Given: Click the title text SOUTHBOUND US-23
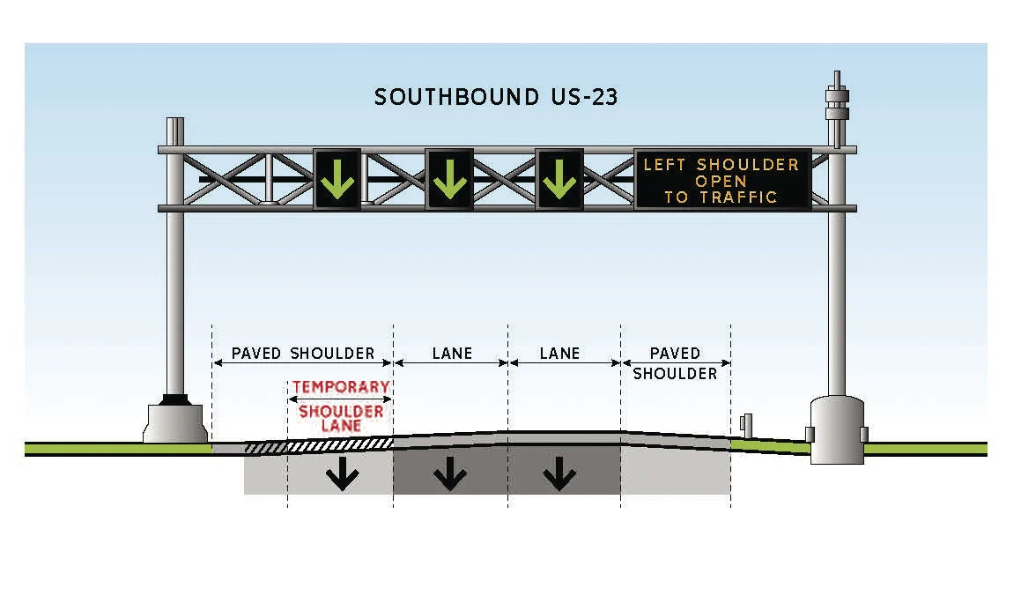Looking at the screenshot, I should click(x=496, y=96).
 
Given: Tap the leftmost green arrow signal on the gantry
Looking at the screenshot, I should click(x=337, y=179).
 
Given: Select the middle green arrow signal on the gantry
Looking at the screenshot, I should click(x=449, y=179).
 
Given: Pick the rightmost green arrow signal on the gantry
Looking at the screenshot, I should click(x=559, y=179).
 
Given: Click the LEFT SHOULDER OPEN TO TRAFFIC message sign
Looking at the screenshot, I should click(x=722, y=180).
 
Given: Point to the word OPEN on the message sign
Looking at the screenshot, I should click(x=721, y=181).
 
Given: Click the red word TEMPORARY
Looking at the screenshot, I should click(x=341, y=387).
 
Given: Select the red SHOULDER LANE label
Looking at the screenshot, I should click(x=341, y=418).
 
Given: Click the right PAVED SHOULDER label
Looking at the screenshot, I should click(x=676, y=362).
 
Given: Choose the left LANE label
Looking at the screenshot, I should click(x=452, y=354).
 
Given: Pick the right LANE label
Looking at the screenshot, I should click(x=559, y=354).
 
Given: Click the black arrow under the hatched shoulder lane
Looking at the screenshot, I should click(x=342, y=476).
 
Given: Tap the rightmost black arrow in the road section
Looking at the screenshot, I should click(x=559, y=476).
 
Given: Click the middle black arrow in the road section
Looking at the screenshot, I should click(x=449, y=476).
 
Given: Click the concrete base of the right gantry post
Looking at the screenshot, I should click(x=837, y=429).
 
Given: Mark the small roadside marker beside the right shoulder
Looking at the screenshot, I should click(x=747, y=425).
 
